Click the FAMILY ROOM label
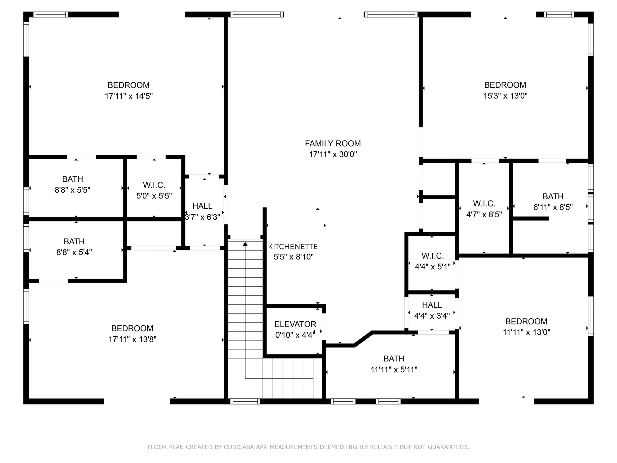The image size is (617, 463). [333, 143]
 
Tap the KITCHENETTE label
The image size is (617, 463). [293, 247]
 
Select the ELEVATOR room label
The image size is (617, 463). [295, 324]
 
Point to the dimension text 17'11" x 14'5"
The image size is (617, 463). [129, 96]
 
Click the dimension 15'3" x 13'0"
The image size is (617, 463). [505, 96]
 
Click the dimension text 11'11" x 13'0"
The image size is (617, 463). [527, 332]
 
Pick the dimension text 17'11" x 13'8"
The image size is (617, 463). [132, 339]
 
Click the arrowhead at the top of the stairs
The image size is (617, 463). [245, 244]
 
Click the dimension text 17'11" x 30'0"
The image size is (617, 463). [333, 154]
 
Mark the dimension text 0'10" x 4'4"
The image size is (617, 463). [295, 335]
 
